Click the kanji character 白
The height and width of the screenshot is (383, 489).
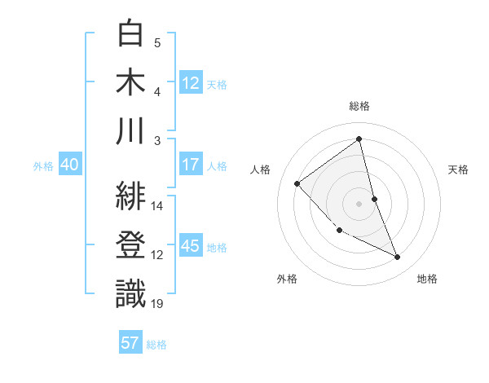click(131, 35)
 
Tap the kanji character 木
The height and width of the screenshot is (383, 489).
click(131, 83)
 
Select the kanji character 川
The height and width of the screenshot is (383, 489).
click(131, 131)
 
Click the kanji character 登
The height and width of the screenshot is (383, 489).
click(131, 246)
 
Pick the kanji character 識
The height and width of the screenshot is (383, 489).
click(131, 294)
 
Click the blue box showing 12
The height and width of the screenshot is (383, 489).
click(191, 82)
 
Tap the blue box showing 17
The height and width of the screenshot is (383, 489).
click(191, 165)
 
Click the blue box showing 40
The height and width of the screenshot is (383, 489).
click(69, 165)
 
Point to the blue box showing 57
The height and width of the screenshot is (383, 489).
click(130, 343)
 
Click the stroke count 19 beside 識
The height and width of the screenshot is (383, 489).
click(157, 304)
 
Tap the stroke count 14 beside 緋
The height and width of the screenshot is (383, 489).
click(157, 206)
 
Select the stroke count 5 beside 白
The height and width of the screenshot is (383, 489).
click(157, 42)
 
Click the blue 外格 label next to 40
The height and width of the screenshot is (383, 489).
click(43, 165)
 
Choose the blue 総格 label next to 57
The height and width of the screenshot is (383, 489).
click(156, 344)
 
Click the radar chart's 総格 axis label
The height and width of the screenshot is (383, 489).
click(359, 106)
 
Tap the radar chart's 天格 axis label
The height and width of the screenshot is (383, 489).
click(458, 169)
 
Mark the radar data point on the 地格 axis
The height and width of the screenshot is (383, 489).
click(398, 257)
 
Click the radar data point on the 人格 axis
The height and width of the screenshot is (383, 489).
click(297, 183)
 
